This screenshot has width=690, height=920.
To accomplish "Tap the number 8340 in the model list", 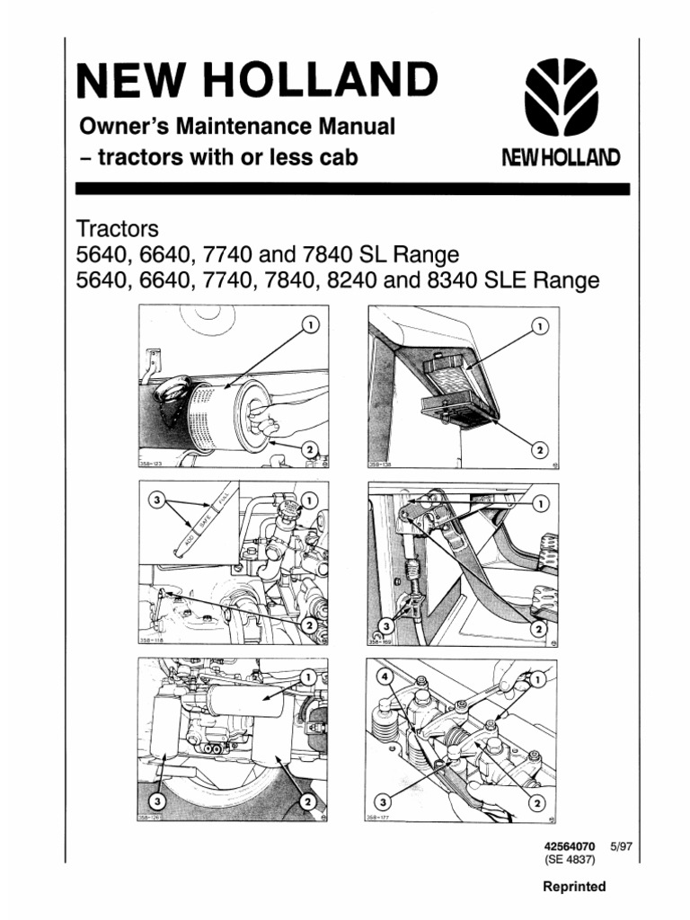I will tap(456, 280).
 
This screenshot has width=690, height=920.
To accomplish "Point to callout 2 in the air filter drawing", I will tap(310, 447).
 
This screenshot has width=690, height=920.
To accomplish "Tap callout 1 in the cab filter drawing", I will tap(539, 325).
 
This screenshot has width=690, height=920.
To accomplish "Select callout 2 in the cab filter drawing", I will tap(539, 447).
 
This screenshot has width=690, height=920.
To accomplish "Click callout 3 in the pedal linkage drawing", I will tap(385, 624).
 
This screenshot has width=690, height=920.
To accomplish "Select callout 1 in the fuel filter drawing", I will tap(308, 676).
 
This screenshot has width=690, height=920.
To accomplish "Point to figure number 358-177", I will tap(384, 817).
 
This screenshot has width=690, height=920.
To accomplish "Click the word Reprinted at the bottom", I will tap(574, 887).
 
